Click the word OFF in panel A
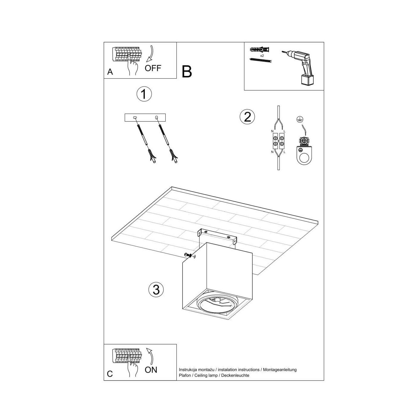click(x=153, y=68)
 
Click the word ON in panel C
click(x=151, y=370)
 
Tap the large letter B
click(x=187, y=71)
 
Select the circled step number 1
click(x=144, y=94)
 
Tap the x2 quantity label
click(x=262, y=56)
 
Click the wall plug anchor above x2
click(x=261, y=50)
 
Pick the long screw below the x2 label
click(x=260, y=60)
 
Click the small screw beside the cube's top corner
click(x=189, y=255)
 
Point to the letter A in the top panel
click(x=110, y=72)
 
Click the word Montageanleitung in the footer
click(x=280, y=370)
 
